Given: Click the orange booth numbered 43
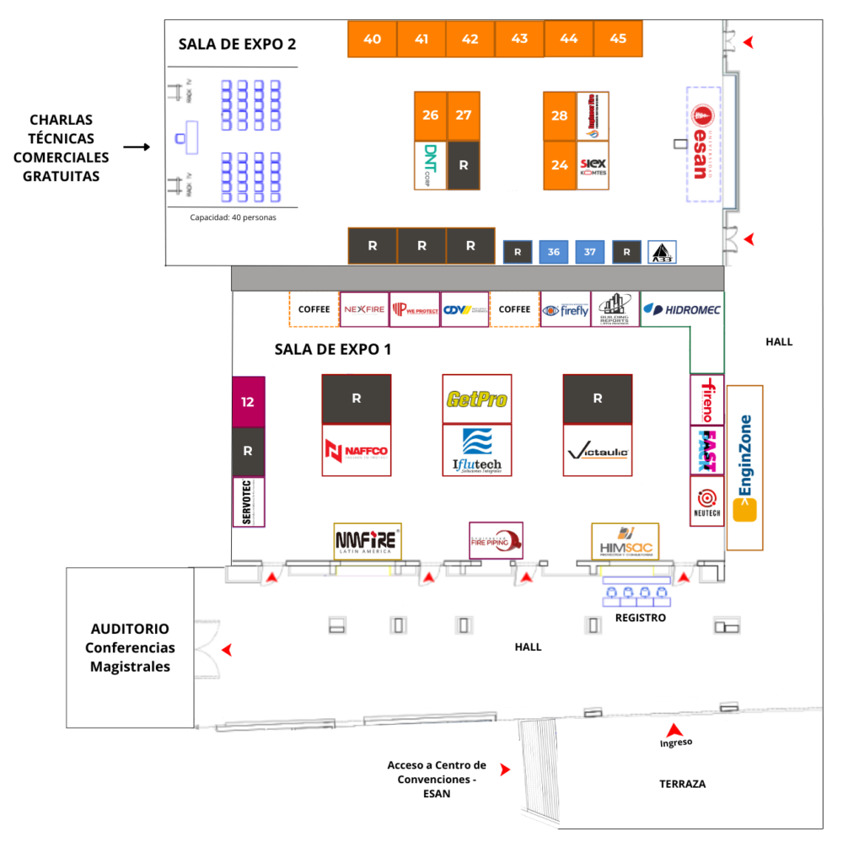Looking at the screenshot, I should (x=519, y=39).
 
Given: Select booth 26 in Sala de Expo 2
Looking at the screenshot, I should (x=431, y=115).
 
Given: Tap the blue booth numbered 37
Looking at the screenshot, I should (x=590, y=251).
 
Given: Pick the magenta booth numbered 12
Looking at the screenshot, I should (x=248, y=402).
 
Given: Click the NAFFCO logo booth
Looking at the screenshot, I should (x=356, y=451).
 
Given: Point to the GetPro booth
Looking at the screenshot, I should (x=476, y=398).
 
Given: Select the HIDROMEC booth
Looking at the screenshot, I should (x=682, y=309).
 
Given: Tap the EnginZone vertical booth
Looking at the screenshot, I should (x=744, y=468).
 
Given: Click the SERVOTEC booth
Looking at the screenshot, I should (x=248, y=502).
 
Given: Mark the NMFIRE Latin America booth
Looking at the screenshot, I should (x=368, y=540).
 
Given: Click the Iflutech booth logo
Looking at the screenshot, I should (x=476, y=450).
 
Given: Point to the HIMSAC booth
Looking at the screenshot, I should (x=625, y=541).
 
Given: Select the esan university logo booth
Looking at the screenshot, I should (x=702, y=144).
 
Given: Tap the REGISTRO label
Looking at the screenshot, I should (x=640, y=618).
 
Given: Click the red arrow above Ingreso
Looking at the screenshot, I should (x=674, y=730).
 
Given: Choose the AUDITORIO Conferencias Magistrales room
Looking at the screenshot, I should (x=130, y=648).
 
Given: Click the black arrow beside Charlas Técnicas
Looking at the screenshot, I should (x=136, y=147).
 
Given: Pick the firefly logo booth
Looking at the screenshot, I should (x=566, y=309).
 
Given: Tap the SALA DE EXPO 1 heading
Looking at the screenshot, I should (x=332, y=349).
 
